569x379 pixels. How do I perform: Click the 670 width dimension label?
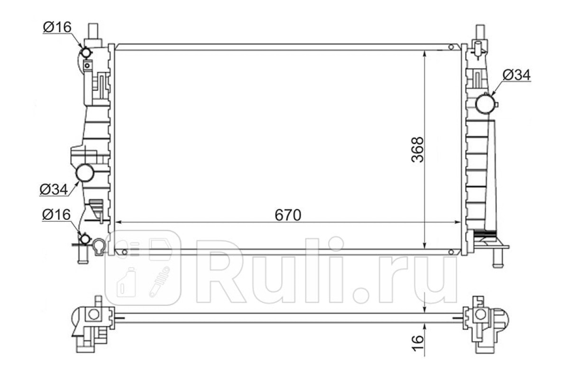coord(288,215)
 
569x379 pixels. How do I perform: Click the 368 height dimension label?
coord(418,150)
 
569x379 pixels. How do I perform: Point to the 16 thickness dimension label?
coord(418,343)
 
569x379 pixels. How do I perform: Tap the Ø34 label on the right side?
coord(517,75)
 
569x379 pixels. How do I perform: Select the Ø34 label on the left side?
coord(54,189)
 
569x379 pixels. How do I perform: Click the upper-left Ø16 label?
coord(57,27)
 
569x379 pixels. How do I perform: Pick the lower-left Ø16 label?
coord(56,215)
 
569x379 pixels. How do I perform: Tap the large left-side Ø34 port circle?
coord(85,172)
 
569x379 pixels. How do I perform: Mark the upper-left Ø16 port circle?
coord(86,53)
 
